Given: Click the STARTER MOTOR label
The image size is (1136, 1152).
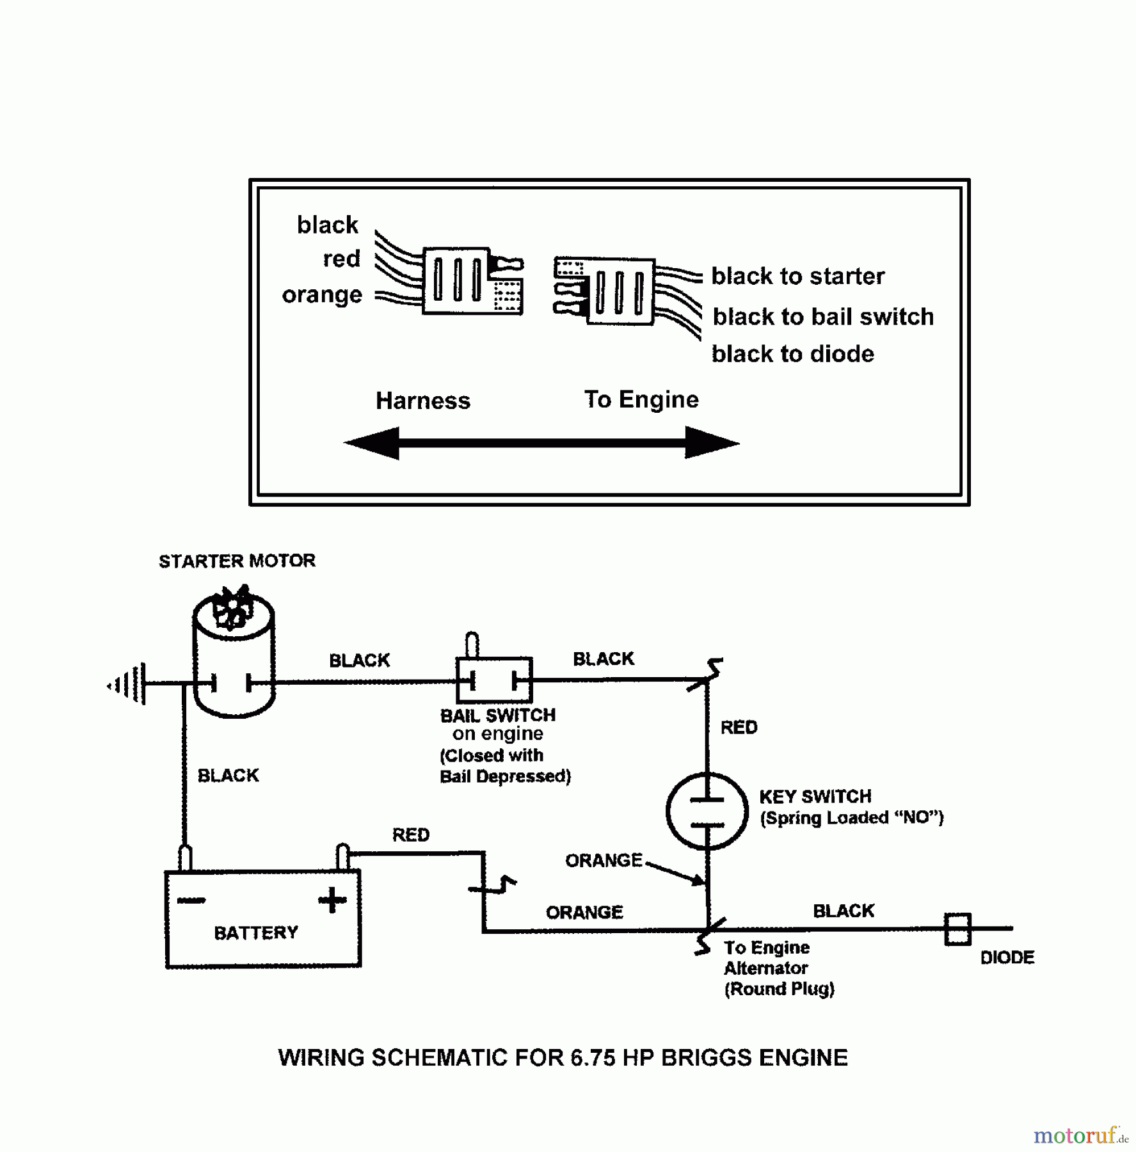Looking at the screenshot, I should coord(237,561).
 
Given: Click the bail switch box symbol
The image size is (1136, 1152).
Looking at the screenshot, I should coord(493,680).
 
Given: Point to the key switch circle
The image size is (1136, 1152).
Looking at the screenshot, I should coord(707,812).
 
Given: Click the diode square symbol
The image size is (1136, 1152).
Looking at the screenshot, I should coord(957,929).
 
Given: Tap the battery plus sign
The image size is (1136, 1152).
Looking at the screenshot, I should coord(332,899).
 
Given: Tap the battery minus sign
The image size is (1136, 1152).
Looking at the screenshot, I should coord(191,900).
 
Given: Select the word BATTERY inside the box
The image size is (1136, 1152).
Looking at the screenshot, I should coord(256,932).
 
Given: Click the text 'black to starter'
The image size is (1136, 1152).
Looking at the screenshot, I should coord(797,276).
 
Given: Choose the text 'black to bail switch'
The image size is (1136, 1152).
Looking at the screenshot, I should coord(822,317).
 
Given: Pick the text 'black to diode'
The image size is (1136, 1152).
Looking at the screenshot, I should coord(792,354).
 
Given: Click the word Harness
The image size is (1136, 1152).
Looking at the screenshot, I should coord(422,401).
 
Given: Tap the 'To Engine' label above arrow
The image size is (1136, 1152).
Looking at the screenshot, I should coord(641,399).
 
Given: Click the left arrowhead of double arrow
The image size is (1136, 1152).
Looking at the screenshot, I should coord(372,443).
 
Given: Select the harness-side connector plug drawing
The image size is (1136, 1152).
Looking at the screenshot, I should coord(472,281).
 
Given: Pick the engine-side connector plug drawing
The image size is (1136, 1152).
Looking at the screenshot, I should coord(605,292).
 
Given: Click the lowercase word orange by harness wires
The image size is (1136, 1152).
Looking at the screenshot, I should coord(322,294).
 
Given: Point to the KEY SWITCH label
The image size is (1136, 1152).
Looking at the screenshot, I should coord(815,796).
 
